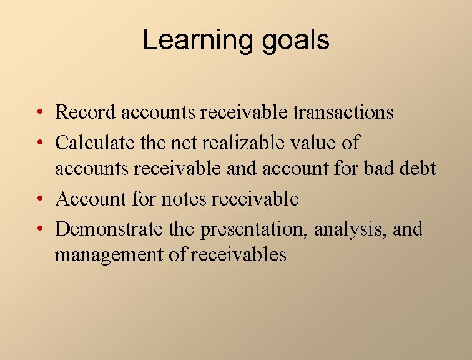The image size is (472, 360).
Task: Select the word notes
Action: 184,199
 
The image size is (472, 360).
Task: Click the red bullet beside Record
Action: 39,113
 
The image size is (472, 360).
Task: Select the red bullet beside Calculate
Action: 39,143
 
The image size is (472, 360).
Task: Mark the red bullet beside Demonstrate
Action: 39,229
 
